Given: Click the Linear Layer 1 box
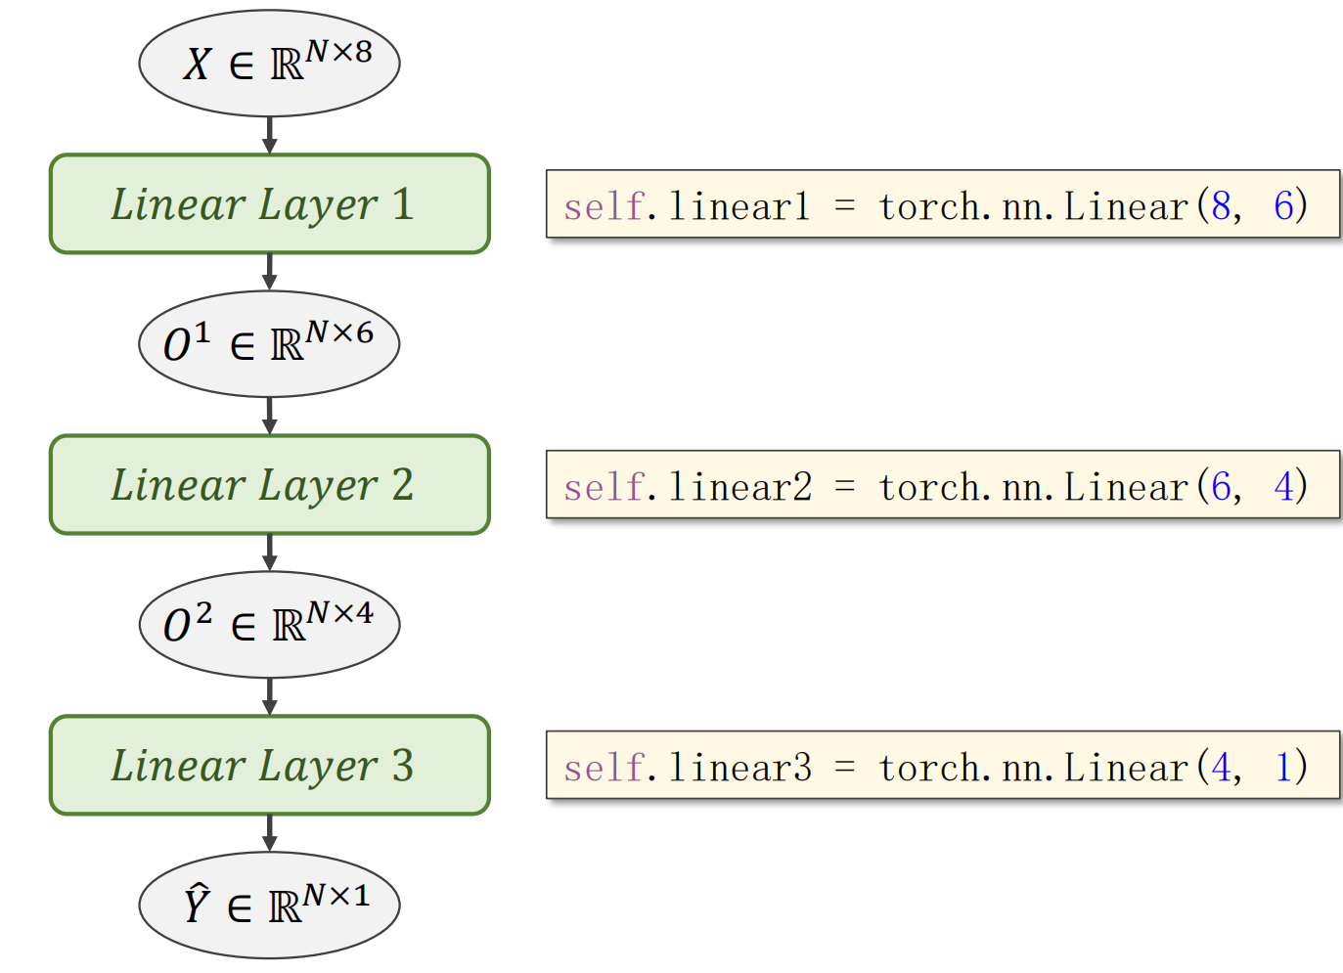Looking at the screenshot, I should [x=269, y=204].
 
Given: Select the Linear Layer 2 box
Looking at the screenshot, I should [x=269, y=485].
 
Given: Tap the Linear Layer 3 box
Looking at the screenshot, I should [x=269, y=766].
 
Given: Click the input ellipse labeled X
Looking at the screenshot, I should [x=269, y=64].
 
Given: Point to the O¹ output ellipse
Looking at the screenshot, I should [x=269, y=344].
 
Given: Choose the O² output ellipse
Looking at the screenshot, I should [x=269, y=625].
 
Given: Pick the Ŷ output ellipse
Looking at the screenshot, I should [x=269, y=906].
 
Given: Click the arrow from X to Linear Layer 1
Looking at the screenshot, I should [x=269, y=135].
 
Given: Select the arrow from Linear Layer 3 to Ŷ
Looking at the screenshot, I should [x=269, y=833].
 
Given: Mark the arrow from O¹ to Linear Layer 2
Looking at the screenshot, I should [x=269, y=416].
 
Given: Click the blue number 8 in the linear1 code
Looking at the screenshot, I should [x=1221, y=205].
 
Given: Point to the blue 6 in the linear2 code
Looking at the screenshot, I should [x=1221, y=486].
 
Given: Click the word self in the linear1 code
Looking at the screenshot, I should [x=604, y=206].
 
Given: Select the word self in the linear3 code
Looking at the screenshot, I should [x=604, y=768].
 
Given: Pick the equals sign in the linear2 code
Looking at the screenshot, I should [x=845, y=487].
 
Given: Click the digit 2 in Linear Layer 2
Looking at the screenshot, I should [x=402, y=485].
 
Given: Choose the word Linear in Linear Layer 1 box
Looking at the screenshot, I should [x=177, y=204].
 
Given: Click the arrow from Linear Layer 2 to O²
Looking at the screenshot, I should [x=269, y=553].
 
